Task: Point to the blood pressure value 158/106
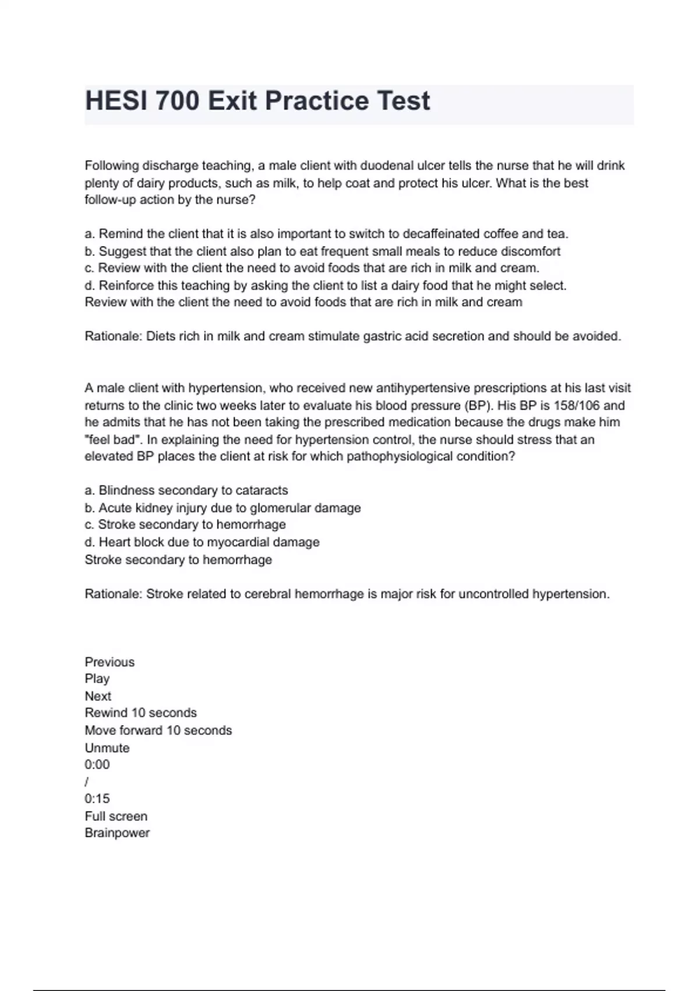573,405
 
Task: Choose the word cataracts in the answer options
262,490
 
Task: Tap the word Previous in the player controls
110,662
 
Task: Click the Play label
97,679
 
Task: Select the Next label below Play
98,696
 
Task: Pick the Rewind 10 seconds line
140,712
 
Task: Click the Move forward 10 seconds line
158,730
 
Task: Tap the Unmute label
107,747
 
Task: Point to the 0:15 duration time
97,799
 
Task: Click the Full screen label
116,816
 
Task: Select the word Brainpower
117,832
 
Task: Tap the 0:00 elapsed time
97,764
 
